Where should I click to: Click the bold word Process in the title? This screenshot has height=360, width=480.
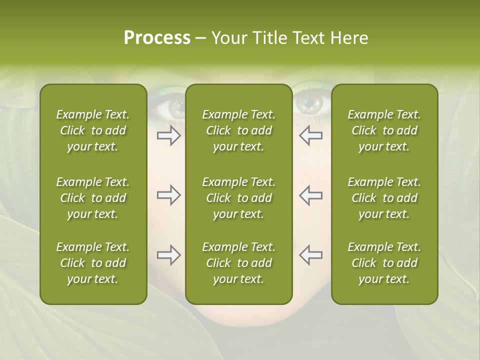157,38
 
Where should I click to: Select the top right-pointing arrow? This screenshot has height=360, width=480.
168,135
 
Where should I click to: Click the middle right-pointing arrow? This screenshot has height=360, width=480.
168,195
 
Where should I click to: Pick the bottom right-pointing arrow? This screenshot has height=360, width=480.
168,255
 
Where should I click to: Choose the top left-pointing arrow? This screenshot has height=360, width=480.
310,135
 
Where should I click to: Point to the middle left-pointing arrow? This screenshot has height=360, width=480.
310,195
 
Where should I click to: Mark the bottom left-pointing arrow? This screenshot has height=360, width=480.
310,255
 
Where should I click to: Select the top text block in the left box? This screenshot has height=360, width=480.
93,130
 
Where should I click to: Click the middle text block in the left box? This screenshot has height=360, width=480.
93,198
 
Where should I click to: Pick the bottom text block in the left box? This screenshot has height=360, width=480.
93,263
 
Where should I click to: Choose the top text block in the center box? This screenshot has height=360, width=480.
238,130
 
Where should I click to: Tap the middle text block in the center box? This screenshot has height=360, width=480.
238,198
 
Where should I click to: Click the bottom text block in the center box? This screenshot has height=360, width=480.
238,263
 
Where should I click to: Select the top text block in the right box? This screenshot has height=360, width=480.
384,130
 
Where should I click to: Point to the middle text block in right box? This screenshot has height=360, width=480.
384,198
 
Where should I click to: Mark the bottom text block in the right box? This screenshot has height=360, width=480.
384,263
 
